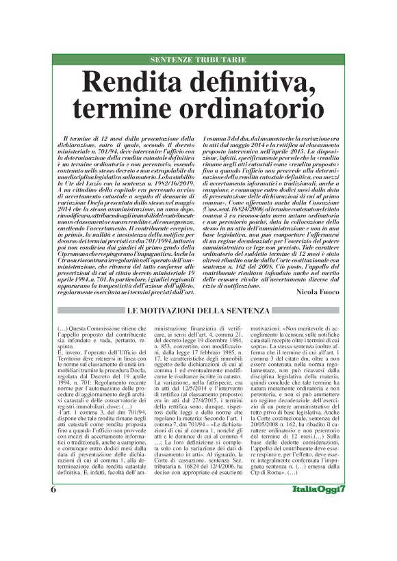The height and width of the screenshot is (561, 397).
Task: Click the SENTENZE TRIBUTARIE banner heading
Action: click(x=198, y=60)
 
